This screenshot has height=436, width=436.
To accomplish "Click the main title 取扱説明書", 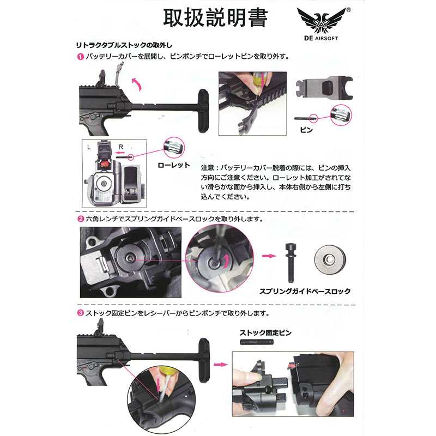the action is point(215,19).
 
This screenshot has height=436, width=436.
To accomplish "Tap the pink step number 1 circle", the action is point(80,57).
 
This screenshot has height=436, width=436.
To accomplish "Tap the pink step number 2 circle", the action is point(80,219).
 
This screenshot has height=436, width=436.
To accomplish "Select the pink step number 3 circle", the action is point(80,313).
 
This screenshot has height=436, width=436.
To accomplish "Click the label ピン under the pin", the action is point(306,130).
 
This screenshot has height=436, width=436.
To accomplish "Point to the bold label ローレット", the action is point(174,166).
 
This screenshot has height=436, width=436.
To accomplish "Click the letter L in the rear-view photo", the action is point(89,147).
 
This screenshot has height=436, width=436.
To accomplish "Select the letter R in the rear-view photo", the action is point(120,147).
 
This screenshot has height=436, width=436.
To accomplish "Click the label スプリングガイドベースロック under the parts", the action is point(305,292).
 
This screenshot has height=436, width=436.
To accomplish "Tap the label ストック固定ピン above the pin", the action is point(265,333).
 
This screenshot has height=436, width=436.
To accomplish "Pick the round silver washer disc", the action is point(330,259).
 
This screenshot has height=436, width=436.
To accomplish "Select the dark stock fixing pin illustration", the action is point(257,342).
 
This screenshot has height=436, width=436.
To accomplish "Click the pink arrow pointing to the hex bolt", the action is point(269,256).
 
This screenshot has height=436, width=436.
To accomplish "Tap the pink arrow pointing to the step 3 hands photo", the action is point(221,364).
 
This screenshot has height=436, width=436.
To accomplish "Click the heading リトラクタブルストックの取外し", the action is point(124,45).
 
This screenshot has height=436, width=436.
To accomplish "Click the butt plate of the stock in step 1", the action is point(203,112).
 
